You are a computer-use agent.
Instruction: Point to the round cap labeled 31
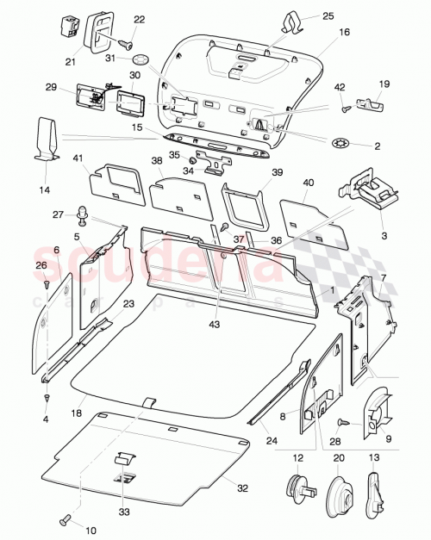(141, 60)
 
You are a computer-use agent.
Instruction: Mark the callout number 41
(78, 158)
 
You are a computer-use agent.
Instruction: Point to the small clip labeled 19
(371, 103)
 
